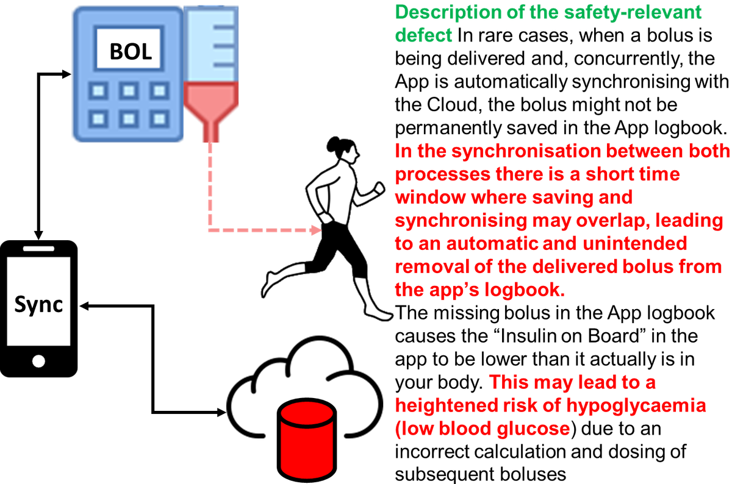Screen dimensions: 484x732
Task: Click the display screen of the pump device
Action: (x=129, y=48)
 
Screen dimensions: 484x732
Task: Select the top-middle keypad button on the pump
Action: (x=128, y=91)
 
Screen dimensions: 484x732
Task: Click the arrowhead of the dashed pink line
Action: (x=315, y=230)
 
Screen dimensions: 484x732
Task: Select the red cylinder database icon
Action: (x=307, y=439)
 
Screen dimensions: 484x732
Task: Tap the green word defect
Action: (x=423, y=35)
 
